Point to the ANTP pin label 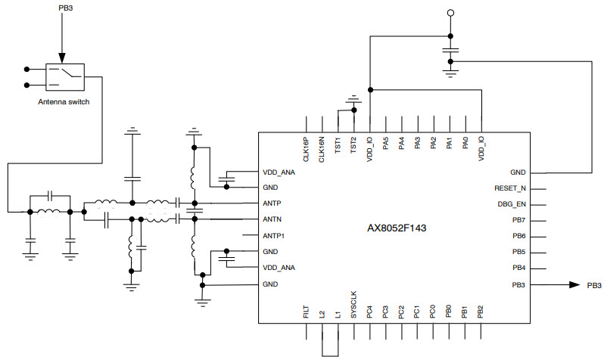tap(274, 203)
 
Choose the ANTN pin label tap(274, 219)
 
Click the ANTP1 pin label tap(276, 235)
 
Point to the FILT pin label tap(306, 312)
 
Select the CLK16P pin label tap(306, 149)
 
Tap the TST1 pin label tap(338, 145)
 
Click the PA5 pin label tap(386, 143)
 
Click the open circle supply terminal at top tap(450, 13)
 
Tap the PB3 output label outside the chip tap(594, 285)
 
